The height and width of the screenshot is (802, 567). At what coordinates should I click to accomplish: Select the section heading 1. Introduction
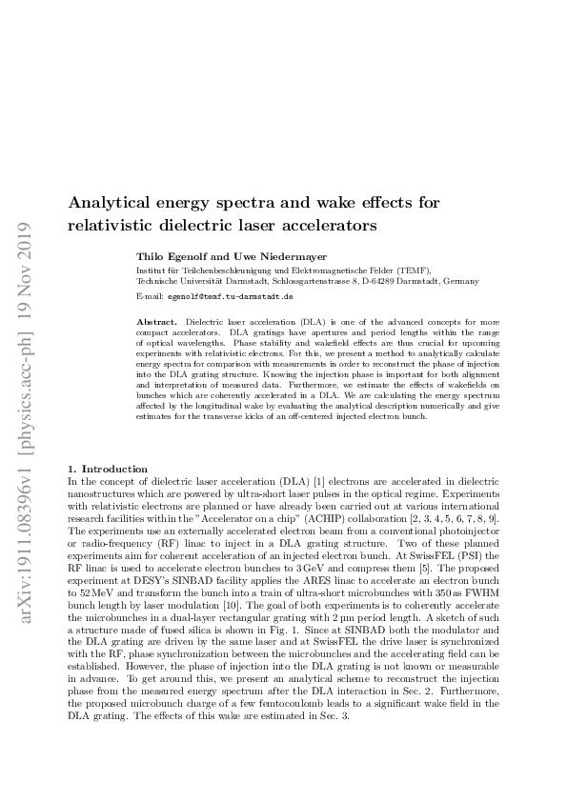[x=108, y=469]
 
